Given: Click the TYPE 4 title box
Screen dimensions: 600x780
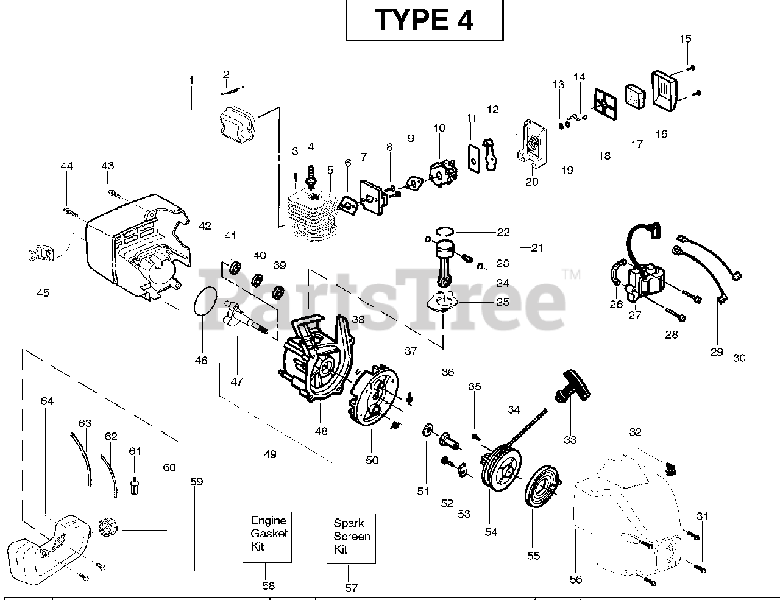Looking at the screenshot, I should (x=425, y=21).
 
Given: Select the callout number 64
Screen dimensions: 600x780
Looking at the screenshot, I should (x=47, y=401).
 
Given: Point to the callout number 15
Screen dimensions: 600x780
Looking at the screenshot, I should (x=686, y=39).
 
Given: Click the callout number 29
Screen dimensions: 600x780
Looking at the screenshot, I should (x=717, y=351).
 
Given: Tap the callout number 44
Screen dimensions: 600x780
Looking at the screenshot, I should (x=66, y=166).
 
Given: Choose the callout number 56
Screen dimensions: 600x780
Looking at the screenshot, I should (x=576, y=579).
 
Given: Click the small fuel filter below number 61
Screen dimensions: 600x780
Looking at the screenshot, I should (x=135, y=485).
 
